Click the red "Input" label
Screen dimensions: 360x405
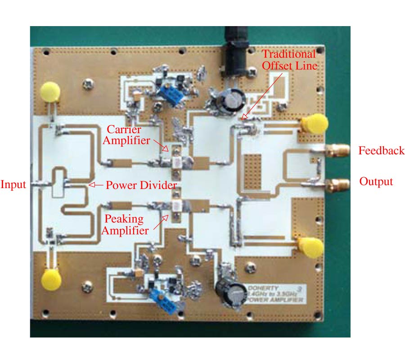tap(13, 184)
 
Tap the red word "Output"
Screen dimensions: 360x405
tap(376, 181)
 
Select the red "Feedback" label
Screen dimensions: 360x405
tap(381, 151)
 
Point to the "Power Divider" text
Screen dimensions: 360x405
tap(141, 185)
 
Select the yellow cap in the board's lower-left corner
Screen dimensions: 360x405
tap(51, 280)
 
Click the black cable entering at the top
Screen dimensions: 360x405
tap(234, 45)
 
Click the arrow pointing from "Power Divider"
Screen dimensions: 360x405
tap(95, 184)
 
